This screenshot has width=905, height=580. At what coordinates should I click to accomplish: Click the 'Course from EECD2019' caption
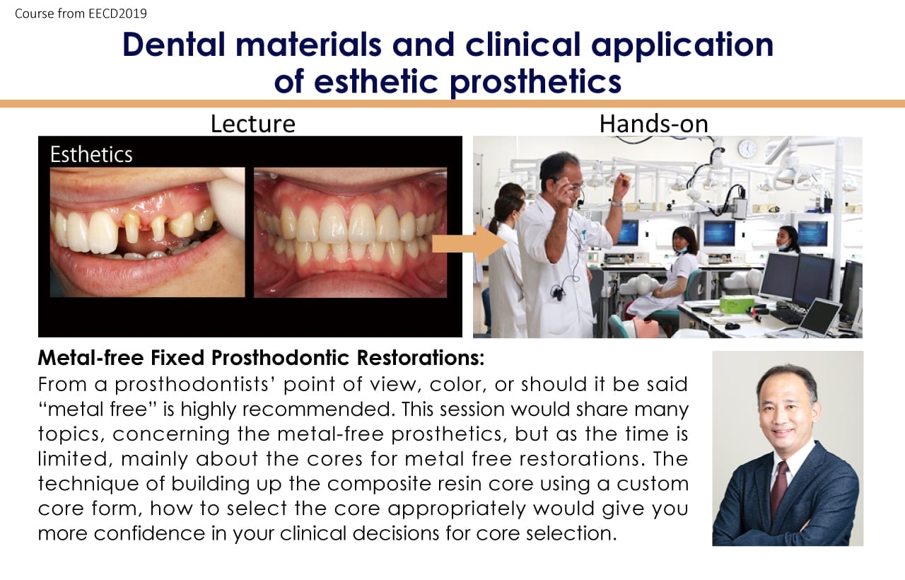click(81, 13)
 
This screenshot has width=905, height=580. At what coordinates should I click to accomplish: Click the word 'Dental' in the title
click(174, 45)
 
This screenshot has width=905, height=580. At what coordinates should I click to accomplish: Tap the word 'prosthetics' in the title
click(536, 82)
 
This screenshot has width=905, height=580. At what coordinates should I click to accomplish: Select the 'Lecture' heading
click(253, 124)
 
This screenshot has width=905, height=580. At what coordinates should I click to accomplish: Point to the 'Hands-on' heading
click(654, 124)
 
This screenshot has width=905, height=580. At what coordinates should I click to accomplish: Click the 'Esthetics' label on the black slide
click(91, 154)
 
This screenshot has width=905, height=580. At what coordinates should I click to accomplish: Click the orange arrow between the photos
click(469, 244)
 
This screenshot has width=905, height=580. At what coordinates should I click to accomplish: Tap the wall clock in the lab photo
click(747, 149)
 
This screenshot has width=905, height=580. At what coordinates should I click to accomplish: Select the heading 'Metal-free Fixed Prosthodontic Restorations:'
click(261, 358)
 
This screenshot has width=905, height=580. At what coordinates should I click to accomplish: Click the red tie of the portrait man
click(778, 488)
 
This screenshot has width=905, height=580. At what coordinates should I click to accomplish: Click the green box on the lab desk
click(737, 304)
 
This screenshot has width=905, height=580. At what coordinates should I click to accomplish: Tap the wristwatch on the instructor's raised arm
click(616, 203)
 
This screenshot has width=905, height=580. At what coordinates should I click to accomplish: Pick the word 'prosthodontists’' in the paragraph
click(194, 385)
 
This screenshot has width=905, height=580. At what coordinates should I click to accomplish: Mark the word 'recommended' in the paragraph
click(319, 409)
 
